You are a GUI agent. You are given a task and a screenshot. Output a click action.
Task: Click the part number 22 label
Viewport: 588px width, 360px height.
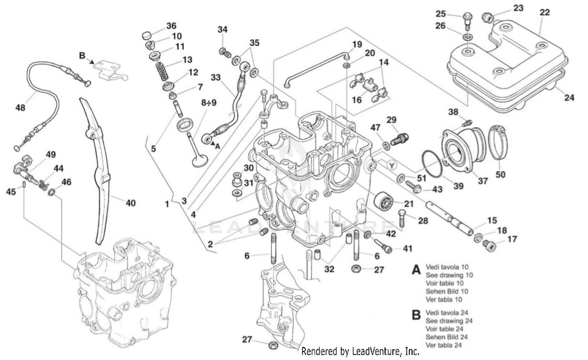[544, 12]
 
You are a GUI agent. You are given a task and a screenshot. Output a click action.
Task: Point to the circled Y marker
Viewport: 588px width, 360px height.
[391, 165]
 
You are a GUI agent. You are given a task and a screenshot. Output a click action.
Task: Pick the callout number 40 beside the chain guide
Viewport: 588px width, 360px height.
[130, 203]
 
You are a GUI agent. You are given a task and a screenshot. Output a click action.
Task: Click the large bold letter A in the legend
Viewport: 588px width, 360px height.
[416, 270]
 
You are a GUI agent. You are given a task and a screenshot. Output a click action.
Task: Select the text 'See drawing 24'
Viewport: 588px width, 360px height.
[449, 321]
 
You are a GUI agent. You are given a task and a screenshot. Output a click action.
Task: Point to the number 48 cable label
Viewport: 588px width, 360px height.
[20, 107]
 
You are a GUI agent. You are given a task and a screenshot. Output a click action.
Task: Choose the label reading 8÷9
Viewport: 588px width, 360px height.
[209, 103]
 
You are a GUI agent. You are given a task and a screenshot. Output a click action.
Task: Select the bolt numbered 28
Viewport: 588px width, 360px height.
[402, 215]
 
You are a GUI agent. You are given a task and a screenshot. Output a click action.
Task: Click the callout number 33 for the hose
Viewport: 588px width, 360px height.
[216, 77]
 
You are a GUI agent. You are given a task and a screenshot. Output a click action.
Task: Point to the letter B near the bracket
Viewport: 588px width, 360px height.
[82, 56]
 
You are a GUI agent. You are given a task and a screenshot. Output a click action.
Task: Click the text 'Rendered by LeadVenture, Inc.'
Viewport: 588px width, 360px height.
[360, 351]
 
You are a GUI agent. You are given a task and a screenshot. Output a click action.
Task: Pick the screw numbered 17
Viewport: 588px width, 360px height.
[489, 245]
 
